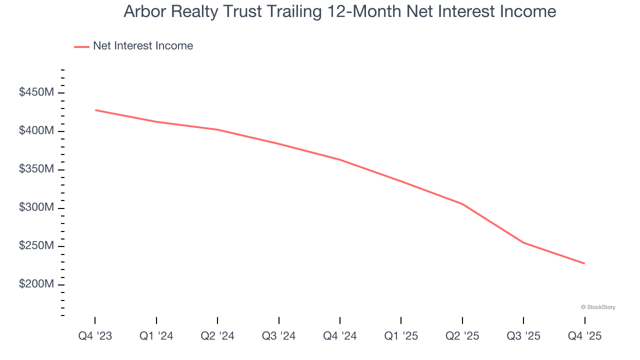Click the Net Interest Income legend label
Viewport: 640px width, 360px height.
click(143, 46)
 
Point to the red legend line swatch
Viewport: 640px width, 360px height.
click(81, 46)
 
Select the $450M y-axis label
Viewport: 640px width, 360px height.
click(36, 93)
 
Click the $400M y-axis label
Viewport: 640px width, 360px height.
click(36, 131)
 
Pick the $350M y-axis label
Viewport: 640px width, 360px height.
click(36, 169)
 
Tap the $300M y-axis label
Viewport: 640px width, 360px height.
click(36, 207)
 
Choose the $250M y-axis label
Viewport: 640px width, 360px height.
click(36, 246)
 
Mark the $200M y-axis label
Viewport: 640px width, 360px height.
click(36, 284)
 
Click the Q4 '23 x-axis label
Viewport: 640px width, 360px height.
click(95, 336)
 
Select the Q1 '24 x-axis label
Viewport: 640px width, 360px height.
click(156, 336)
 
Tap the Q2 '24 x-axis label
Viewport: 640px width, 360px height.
click(217, 336)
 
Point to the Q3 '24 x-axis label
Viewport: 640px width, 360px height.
click(279, 336)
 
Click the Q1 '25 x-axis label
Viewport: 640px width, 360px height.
click(401, 336)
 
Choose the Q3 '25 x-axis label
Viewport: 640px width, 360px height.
click(523, 336)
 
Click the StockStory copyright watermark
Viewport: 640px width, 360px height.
click(598, 307)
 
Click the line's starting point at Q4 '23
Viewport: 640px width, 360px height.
click(95, 110)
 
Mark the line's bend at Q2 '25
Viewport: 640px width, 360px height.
click(462, 204)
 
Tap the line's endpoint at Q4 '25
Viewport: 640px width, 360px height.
click(584, 263)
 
